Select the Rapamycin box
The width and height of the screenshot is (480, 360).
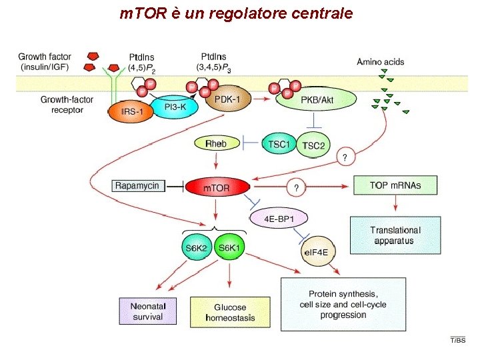(x=137, y=185)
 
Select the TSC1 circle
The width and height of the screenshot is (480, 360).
(x=279, y=144)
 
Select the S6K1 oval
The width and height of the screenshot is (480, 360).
(x=231, y=248)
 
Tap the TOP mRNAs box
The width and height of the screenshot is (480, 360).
(x=395, y=185)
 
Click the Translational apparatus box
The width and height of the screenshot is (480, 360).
(x=395, y=235)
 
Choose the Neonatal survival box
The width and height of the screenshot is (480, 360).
(x=148, y=311)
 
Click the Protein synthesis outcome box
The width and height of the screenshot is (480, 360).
(x=343, y=304)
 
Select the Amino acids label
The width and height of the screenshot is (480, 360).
(x=380, y=62)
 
